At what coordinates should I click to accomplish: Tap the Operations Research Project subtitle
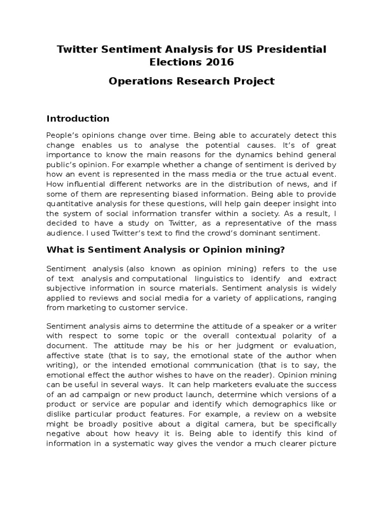191,81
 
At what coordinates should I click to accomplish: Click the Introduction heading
78,119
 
